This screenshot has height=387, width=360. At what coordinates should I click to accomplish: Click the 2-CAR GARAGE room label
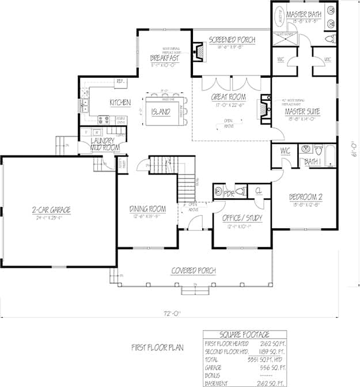[52, 210]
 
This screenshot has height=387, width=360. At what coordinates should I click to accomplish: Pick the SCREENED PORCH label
[232, 40]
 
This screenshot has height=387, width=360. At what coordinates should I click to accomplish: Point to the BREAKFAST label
[164, 58]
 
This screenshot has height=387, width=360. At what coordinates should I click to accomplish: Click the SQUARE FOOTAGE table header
[245, 335]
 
